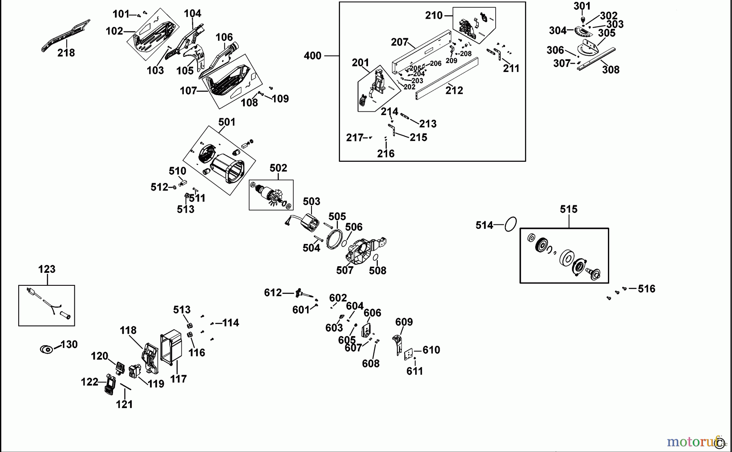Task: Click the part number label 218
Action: pyautogui.click(x=66, y=53)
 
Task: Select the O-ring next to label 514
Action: pyautogui.click(x=511, y=224)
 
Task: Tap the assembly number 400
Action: pyautogui.click(x=312, y=56)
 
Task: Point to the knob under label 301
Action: pyautogui.click(x=582, y=20)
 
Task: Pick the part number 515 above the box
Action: pyautogui.click(x=568, y=209)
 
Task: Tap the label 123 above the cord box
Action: pyautogui.click(x=47, y=269)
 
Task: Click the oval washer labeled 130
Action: pyautogui.click(x=46, y=349)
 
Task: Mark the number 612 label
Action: pyautogui.click(x=272, y=293)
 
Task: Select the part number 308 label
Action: pyautogui.click(x=610, y=70)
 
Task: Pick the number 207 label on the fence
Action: pyautogui.click(x=399, y=42)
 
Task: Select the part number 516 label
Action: pyautogui.click(x=646, y=289)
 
